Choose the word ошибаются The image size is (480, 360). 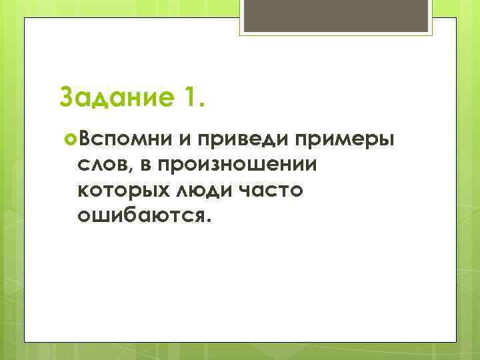pos(142,217)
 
